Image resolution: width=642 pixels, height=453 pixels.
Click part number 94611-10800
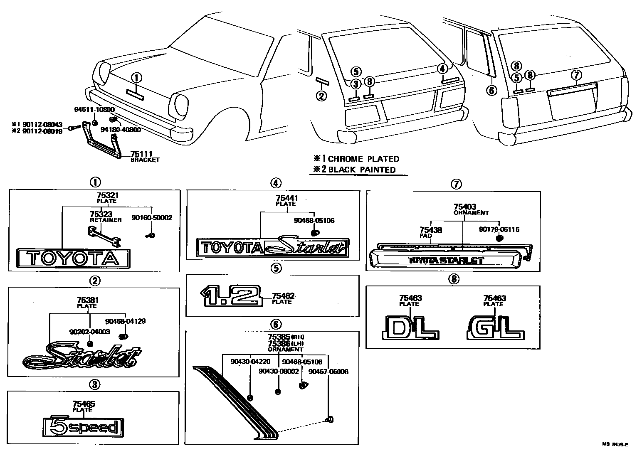(x=94, y=109)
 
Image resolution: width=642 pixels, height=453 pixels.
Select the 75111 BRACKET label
(x=144, y=156)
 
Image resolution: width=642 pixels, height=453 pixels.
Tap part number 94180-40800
(x=121, y=130)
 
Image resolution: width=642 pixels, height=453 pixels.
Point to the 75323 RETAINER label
(x=105, y=217)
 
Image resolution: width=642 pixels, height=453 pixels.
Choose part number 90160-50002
(x=152, y=217)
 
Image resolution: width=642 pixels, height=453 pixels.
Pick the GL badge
(x=496, y=327)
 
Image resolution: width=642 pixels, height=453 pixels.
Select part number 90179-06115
(x=499, y=229)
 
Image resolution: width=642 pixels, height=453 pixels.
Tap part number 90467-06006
(x=328, y=372)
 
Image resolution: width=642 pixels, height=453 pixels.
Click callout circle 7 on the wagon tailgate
(x=575, y=75)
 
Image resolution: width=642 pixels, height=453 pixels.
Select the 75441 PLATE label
(x=286, y=201)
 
